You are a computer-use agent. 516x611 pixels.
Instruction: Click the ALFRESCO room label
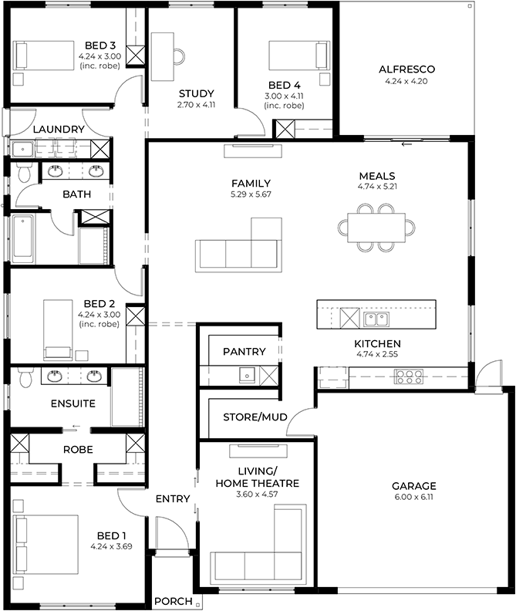[x=403, y=69]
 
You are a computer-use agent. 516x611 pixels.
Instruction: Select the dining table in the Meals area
[x=376, y=227]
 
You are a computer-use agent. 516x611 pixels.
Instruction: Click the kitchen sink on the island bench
[x=376, y=318]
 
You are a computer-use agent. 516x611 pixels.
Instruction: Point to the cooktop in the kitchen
[x=409, y=377]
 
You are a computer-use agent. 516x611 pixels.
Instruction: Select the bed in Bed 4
[x=293, y=55]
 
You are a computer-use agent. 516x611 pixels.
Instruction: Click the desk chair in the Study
[x=179, y=55]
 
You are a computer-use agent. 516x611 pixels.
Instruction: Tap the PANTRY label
[x=244, y=352]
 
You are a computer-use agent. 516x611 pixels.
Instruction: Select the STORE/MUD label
[x=255, y=417]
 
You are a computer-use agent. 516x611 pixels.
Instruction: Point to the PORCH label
[x=173, y=601]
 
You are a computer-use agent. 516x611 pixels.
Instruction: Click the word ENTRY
[x=173, y=499]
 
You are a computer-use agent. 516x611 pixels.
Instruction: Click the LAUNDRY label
[x=59, y=129]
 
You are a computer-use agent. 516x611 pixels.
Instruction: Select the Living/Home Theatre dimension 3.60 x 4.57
[x=256, y=495]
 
